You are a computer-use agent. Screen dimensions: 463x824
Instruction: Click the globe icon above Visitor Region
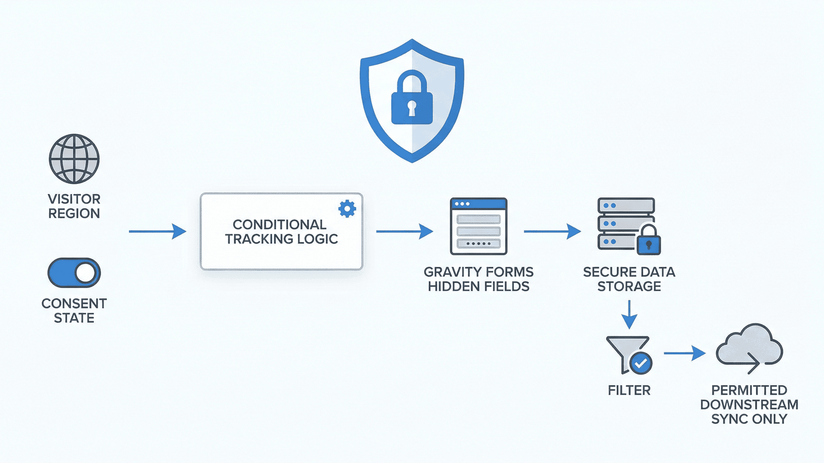point(74,159)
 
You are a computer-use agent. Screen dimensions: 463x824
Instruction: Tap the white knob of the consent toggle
point(86,273)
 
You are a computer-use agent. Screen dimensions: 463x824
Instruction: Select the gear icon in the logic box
point(347,209)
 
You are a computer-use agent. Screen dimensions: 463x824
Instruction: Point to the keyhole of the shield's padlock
point(412,108)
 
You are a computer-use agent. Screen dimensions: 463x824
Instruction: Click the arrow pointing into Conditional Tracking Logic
point(158,231)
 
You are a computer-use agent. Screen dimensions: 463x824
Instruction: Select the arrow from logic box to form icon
point(405,231)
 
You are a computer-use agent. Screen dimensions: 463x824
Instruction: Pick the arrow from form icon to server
point(552,231)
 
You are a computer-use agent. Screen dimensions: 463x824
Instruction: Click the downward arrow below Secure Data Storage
point(629,315)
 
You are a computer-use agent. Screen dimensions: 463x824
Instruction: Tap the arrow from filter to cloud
point(684,353)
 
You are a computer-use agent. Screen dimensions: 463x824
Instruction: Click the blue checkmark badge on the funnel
point(641,364)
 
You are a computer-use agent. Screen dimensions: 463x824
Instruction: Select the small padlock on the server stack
point(648,241)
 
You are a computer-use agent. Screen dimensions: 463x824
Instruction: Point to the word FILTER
point(629,390)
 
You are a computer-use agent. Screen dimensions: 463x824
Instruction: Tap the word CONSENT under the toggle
point(74,303)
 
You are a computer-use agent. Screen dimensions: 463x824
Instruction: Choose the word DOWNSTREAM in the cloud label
point(749,404)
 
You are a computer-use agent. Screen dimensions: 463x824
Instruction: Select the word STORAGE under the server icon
point(629,286)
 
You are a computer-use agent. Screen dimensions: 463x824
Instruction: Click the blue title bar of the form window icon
point(478,204)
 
